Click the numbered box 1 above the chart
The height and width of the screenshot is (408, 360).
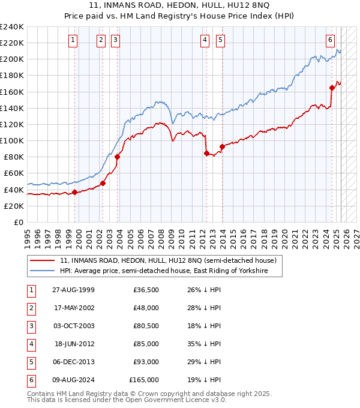[x=73, y=40]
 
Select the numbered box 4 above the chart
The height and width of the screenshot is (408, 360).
[x=205, y=40]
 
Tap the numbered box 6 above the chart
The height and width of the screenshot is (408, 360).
[x=330, y=40]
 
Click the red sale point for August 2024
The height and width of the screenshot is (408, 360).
[x=332, y=88]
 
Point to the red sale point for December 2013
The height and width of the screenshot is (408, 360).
[x=222, y=146]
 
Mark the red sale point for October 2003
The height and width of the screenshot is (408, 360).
[x=118, y=157]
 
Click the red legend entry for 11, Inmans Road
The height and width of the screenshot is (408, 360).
[x=167, y=260]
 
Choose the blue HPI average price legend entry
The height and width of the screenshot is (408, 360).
[x=162, y=271]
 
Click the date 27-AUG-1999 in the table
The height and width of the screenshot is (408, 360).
[x=73, y=290]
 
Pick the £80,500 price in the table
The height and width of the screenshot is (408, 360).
[x=146, y=326]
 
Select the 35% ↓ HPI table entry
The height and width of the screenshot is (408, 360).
[x=204, y=344]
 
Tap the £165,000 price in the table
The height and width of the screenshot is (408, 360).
[x=144, y=380]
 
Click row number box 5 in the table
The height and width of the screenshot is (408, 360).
[x=31, y=362]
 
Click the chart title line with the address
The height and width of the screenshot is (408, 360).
[x=181, y=7]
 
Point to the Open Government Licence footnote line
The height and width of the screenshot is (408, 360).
[x=127, y=400]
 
